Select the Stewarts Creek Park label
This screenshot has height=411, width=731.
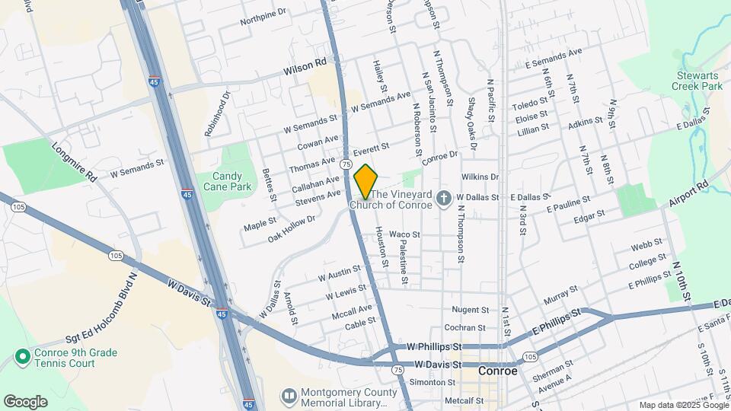click(699, 81)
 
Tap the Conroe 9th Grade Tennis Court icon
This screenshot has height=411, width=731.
click(21, 356)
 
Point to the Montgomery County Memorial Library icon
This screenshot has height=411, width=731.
click(289, 396)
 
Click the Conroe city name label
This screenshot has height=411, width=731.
click(498, 371)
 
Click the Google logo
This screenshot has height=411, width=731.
click(26, 401)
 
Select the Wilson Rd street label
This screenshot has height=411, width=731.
click(305, 68)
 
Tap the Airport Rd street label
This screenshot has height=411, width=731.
click(688, 195)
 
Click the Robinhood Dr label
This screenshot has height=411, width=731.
click(216, 114)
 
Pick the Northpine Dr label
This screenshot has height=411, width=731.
click(263, 12)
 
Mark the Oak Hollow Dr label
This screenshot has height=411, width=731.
click(292, 229)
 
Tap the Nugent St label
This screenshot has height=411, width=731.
click(470, 310)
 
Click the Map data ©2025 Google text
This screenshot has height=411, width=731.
click(683, 405)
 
